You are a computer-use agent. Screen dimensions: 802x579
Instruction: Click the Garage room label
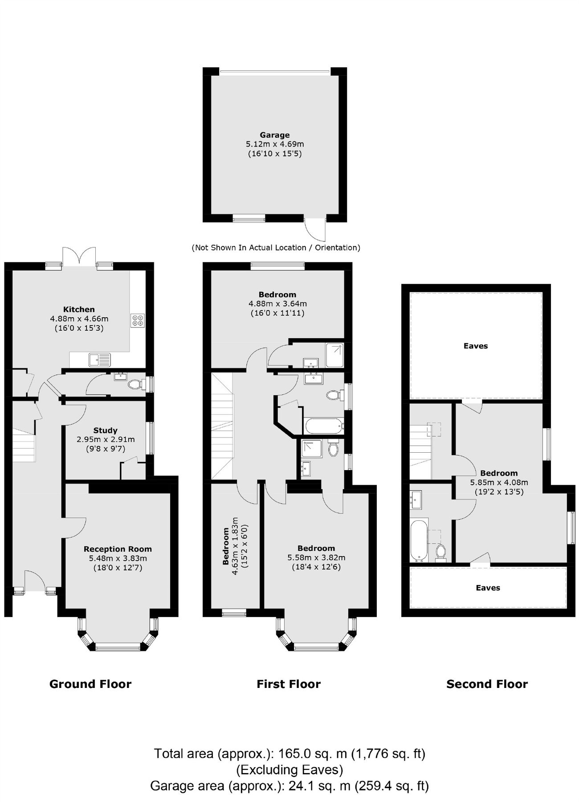click(x=275, y=135)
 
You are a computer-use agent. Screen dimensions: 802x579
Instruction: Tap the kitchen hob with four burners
click(x=138, y=320)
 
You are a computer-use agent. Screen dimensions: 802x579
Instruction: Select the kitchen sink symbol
click(x=99, y=359)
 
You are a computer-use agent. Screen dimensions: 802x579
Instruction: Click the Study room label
click(x=106, y=430)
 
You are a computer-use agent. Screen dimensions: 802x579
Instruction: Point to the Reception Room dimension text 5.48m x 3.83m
click(x=118, y=558)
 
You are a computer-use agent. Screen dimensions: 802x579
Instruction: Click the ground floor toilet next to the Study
click(x=135, y=384)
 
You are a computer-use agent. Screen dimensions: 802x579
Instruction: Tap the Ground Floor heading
click(x=90, y=684)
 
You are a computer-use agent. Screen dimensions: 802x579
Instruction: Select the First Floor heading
click(x=289, y=684)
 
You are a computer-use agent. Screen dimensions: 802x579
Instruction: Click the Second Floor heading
click(x=487, y=684)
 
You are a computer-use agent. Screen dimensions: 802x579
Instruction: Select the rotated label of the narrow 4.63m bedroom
click(x=226, y=546)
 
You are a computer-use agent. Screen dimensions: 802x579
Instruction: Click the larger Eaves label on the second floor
click(x=476, y=346)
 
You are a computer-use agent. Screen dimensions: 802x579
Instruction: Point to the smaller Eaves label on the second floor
click(x=488, y=588)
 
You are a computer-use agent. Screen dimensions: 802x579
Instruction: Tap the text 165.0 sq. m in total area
click(x=312, y=753)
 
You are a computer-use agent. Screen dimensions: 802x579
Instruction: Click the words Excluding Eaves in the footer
click(x=289, y=769)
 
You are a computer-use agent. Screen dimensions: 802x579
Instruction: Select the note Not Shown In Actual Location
click(x=276, y=248)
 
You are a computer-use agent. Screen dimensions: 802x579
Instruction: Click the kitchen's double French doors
click(x=79, y=258)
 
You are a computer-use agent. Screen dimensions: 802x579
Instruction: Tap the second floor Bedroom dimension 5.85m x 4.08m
click(x=499, y=482)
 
